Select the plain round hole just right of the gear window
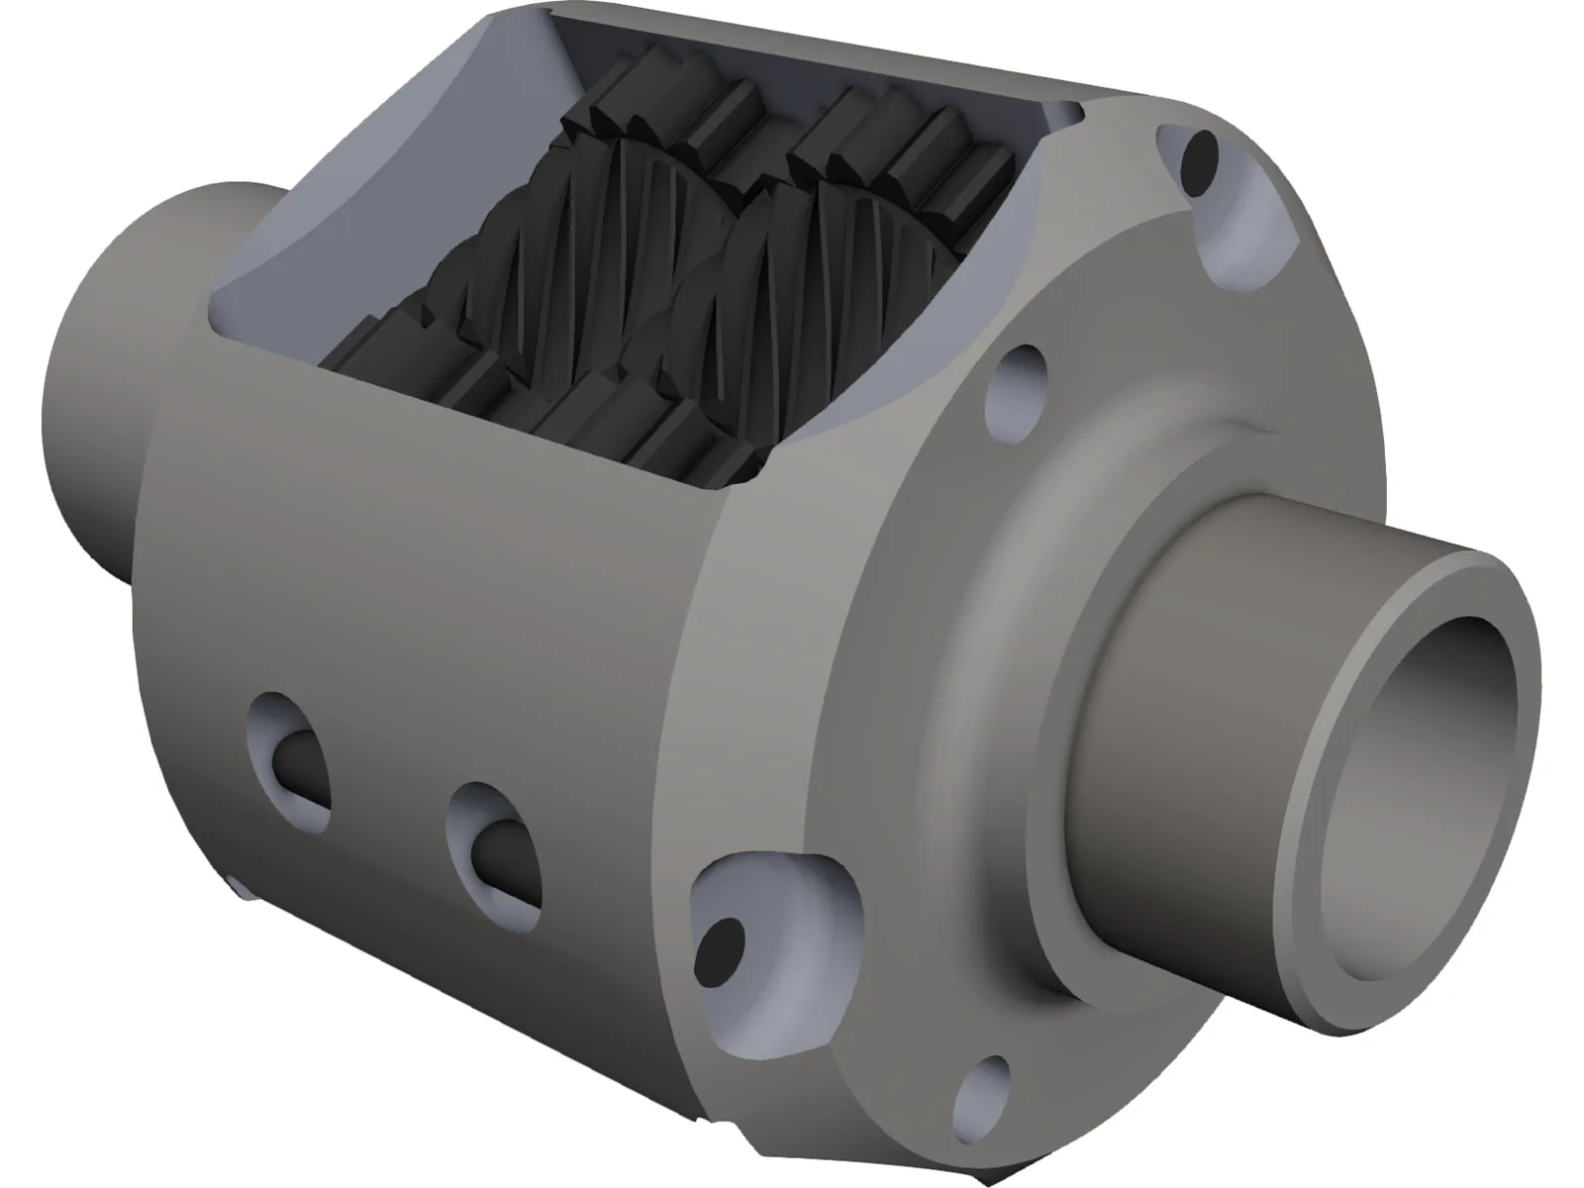[1021, 381]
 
